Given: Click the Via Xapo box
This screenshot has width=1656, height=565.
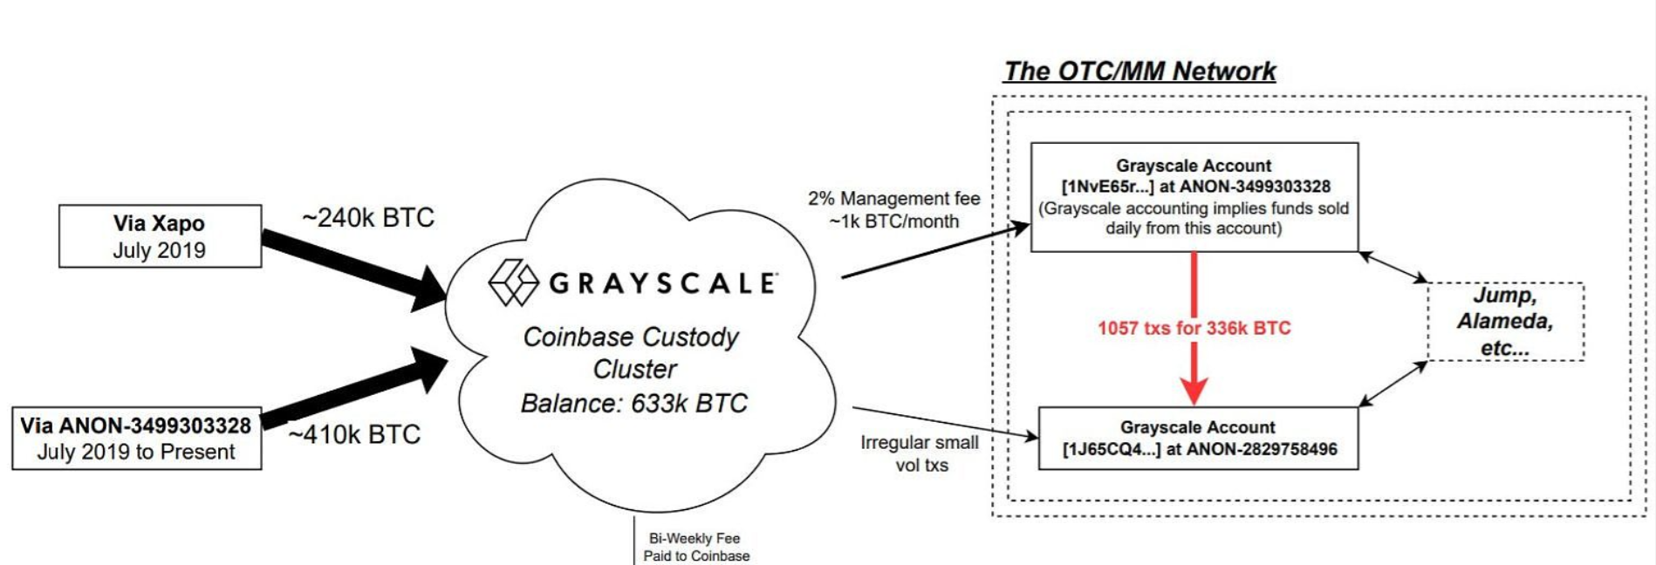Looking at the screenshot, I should [160, 236].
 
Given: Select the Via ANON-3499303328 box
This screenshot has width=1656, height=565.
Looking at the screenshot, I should [136, 439].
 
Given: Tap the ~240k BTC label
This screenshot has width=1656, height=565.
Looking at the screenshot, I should [367, 217].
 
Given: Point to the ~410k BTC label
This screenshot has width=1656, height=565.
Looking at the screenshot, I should [354, 434].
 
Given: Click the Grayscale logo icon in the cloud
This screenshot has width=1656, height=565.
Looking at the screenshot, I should [513, 282].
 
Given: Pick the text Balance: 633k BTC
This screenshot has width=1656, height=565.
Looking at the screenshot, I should [634, 404].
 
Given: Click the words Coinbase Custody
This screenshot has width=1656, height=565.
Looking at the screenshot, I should [630, 337].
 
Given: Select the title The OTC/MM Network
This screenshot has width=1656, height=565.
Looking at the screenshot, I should [1139, 71].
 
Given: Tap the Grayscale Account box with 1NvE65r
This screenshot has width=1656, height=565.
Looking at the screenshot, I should [1194, 197].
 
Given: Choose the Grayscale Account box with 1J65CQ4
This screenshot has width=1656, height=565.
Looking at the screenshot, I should [1198, 439].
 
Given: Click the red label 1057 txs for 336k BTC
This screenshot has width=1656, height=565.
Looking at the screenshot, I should [1194, 329].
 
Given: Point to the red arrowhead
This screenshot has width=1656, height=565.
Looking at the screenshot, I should [1194, 389].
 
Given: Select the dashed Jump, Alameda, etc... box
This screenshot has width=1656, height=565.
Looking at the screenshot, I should [1505, 322].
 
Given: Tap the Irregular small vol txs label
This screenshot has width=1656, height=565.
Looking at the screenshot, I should [920, 453].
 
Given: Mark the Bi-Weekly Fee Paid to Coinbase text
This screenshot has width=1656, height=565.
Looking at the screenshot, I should [695, 548].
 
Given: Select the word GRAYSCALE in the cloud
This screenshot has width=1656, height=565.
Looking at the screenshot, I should [662, 283].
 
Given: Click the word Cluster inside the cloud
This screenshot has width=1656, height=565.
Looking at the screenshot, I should [634, 370].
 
